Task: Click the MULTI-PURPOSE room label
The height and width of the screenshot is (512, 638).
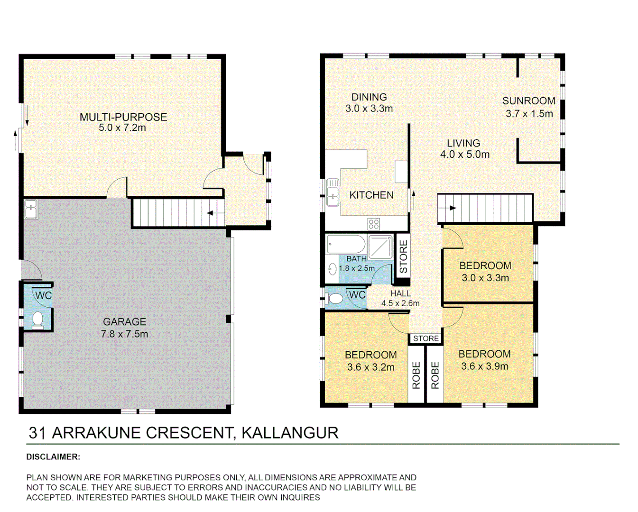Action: click(x=123, y=117)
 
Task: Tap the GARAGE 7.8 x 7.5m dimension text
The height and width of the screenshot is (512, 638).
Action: click(x=124, y=334)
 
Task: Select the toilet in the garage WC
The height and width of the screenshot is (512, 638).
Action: click(x=37, y=320)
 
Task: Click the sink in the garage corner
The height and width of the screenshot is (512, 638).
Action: click(x=31, y=209)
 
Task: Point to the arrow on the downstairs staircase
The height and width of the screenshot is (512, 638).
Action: click(x=216, y=213)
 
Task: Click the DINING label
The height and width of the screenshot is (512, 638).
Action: click(x=369, y=97)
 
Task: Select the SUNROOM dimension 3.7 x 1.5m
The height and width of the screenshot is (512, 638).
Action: click(x=529, y=114)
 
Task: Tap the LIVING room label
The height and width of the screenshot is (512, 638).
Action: click(x=463, y=143)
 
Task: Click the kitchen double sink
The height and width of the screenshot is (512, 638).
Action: click(x=333, y=192)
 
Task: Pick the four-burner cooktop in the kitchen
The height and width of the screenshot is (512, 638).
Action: click(x=373, y=224)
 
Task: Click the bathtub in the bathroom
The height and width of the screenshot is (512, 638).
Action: click(x=346, y=245)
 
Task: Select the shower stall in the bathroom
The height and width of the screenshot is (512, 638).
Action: click(x=380, y=247)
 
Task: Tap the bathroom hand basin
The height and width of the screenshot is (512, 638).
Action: click(x=332, y=269)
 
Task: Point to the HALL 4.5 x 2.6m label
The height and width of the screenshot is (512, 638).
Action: click(x=400, y=299)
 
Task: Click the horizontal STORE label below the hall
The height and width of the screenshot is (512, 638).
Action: click(x=425, y=338)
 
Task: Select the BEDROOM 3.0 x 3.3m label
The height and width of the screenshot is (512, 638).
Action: click(x=485, y=272)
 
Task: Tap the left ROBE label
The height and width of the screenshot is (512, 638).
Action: click(x=416, y=375)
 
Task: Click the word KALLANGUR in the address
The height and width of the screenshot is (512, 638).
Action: click(x=290, y=433)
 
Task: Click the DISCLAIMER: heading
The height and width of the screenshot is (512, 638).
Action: click(x=53, y=457)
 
